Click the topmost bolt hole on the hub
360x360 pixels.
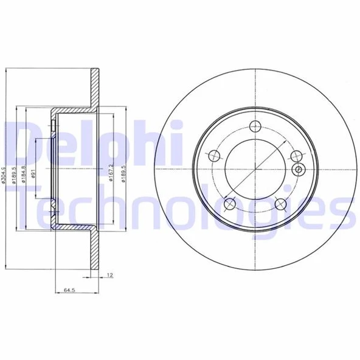254,126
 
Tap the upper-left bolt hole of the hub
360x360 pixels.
213,156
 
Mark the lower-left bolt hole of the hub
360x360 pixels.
229,204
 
